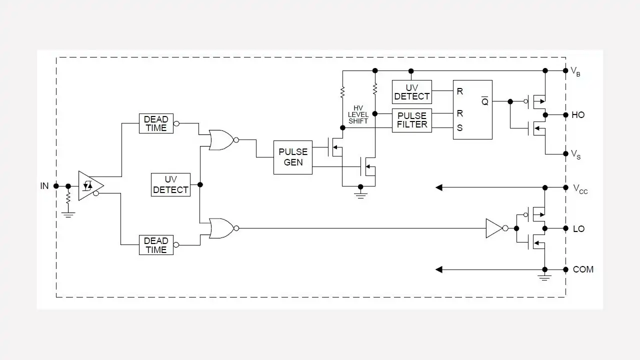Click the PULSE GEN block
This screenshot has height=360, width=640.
(293, 157)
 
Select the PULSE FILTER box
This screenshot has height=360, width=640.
(411, 120)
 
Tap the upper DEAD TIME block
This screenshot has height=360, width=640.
(156, 123)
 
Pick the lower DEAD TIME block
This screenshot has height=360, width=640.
(156, 245)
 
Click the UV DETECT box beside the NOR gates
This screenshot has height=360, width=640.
(170, 184)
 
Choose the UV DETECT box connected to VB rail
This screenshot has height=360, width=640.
(411, 92)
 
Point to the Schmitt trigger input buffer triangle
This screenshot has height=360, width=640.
(91, 185)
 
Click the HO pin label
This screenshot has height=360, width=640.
(578, 115)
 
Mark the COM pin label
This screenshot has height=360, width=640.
(583, 269)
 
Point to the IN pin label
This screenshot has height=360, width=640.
(44, 186)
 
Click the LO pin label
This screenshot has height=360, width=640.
(578, 229)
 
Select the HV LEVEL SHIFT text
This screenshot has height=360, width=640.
(358, 114)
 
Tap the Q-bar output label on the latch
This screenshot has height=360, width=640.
(485, 101)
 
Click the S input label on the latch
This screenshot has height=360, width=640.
(459, 127)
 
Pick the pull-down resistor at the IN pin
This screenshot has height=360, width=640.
(68, 197)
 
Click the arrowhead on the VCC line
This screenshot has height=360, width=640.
(439, 187)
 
